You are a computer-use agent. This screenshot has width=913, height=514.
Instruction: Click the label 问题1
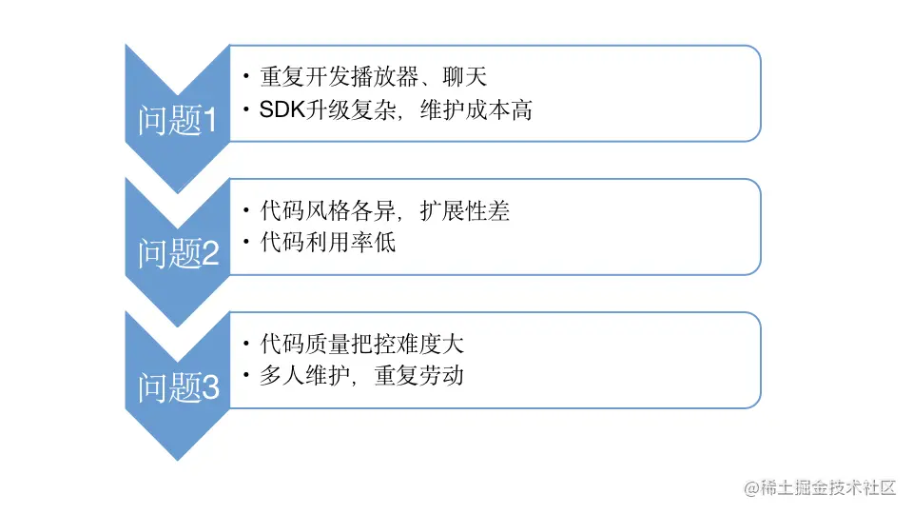coord(179,121)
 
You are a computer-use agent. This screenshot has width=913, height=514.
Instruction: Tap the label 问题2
coord(179,254)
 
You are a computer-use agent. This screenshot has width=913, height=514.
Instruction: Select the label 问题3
coord(179,387)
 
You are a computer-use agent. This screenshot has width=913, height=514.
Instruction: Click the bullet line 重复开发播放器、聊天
coord(373,76)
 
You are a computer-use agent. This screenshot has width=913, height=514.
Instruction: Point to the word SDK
coord(281,110)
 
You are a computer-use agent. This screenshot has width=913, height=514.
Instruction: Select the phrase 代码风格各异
coord(317,209)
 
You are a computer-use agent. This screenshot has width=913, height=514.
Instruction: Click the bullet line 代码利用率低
coord(327,242)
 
